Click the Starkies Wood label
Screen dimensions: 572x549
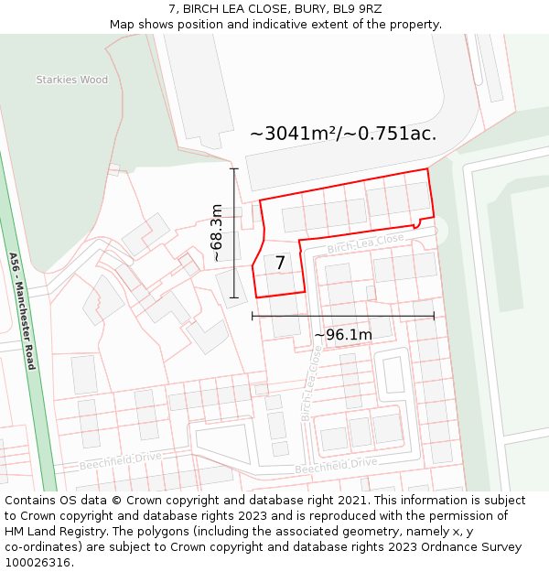tap(71, 80)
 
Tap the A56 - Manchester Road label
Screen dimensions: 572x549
tap(22, 310)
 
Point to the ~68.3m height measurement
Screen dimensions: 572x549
tap(217, 232)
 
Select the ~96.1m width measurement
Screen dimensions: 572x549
tap(343, 335)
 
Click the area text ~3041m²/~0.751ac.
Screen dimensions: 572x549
tap(343, 134)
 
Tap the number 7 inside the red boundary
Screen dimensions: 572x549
tap(280, 264)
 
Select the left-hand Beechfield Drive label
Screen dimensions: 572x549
tap(120, 461)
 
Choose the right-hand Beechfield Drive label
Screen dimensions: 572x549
tap(336, 466)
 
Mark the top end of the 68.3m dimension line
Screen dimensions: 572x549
tap(234, 168)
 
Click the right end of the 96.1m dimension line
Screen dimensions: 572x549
tap(435, 316)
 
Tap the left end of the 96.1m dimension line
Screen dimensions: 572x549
tap(252, 316)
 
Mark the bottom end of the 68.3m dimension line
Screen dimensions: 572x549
tap(234, 297)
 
